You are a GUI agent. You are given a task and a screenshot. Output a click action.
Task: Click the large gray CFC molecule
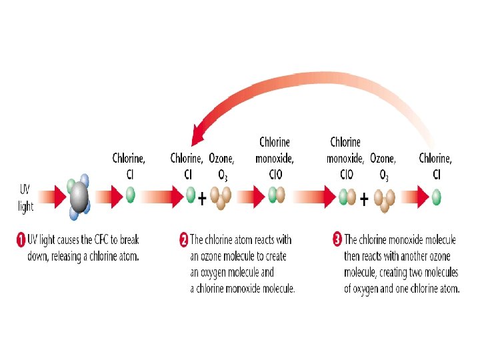pyautogui.click(x=79, y=195)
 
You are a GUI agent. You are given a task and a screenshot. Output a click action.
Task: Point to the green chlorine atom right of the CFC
pyautogui.click(x=131, y=195)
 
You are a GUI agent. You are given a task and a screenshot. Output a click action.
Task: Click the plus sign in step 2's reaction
pyautogui.click(x=202, y=198)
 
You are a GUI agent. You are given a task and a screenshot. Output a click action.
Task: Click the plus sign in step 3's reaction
pyautogui.click(x=364, y=198)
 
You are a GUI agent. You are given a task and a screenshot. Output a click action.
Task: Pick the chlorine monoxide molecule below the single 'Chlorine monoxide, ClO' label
pyautogui.click(x=276, y=195)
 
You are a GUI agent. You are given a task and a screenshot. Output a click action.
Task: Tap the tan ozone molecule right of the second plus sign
pyautogui.click(x=385, y=199)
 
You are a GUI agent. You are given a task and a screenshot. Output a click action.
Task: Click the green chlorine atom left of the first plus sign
pyautogui.click(x=191, y=195)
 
